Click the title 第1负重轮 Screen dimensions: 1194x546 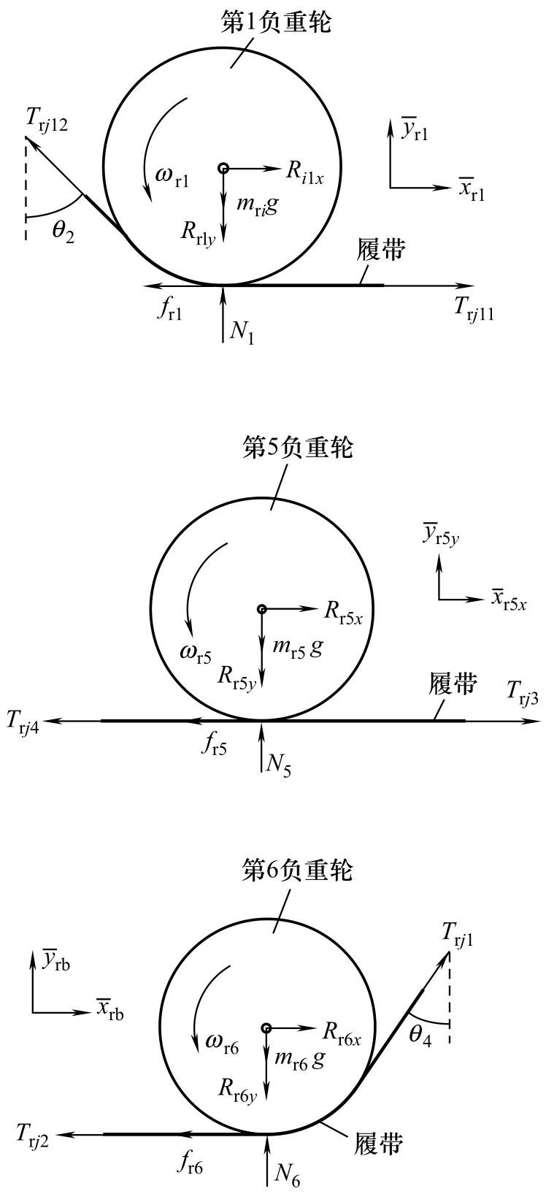275,22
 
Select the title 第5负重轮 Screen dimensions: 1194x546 297,447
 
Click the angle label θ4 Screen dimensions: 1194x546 420,1036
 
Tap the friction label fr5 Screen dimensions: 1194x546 213,747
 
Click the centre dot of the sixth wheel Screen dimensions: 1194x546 266,1028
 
